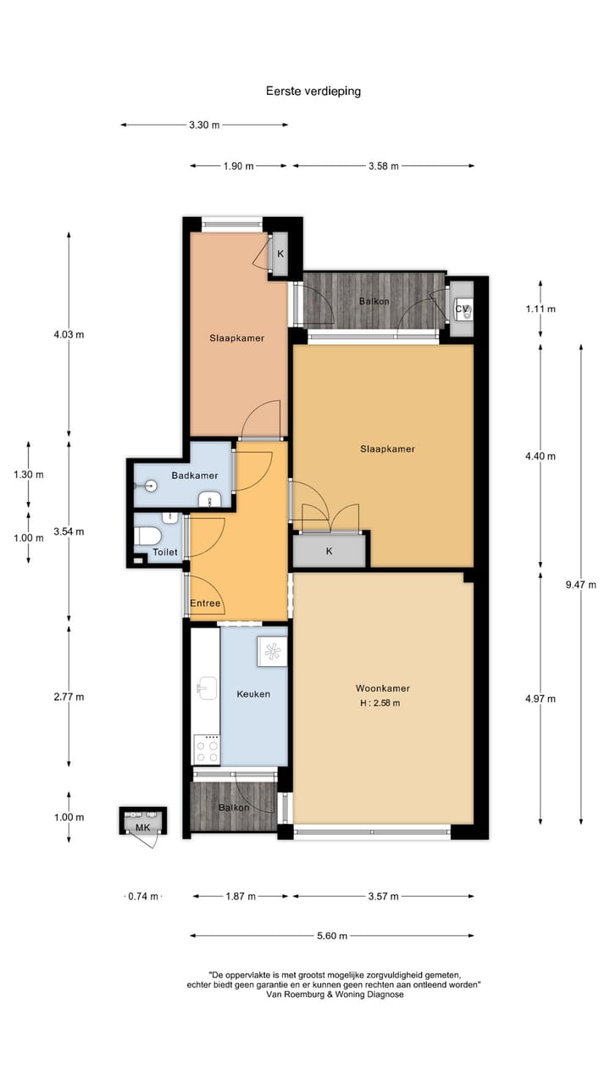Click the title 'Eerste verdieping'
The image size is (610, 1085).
click(313, 92)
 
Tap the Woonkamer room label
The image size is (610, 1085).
click(378, 688)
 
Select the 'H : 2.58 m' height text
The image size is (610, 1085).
click(378, 703)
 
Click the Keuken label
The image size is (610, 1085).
click(253, 693)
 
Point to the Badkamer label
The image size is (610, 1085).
click(195, 476)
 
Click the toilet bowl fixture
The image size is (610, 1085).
click(149, 536)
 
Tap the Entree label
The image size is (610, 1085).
click(205, 604)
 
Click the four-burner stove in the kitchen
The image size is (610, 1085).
click(206, 748)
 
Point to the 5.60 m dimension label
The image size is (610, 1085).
click(330, 936)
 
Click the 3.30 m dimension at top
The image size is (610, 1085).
click(204, 125)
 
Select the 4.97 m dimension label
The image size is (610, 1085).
click(540, 698)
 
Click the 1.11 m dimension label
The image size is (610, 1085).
click(540, 309)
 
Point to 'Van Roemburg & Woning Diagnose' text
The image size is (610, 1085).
click(335, 995)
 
